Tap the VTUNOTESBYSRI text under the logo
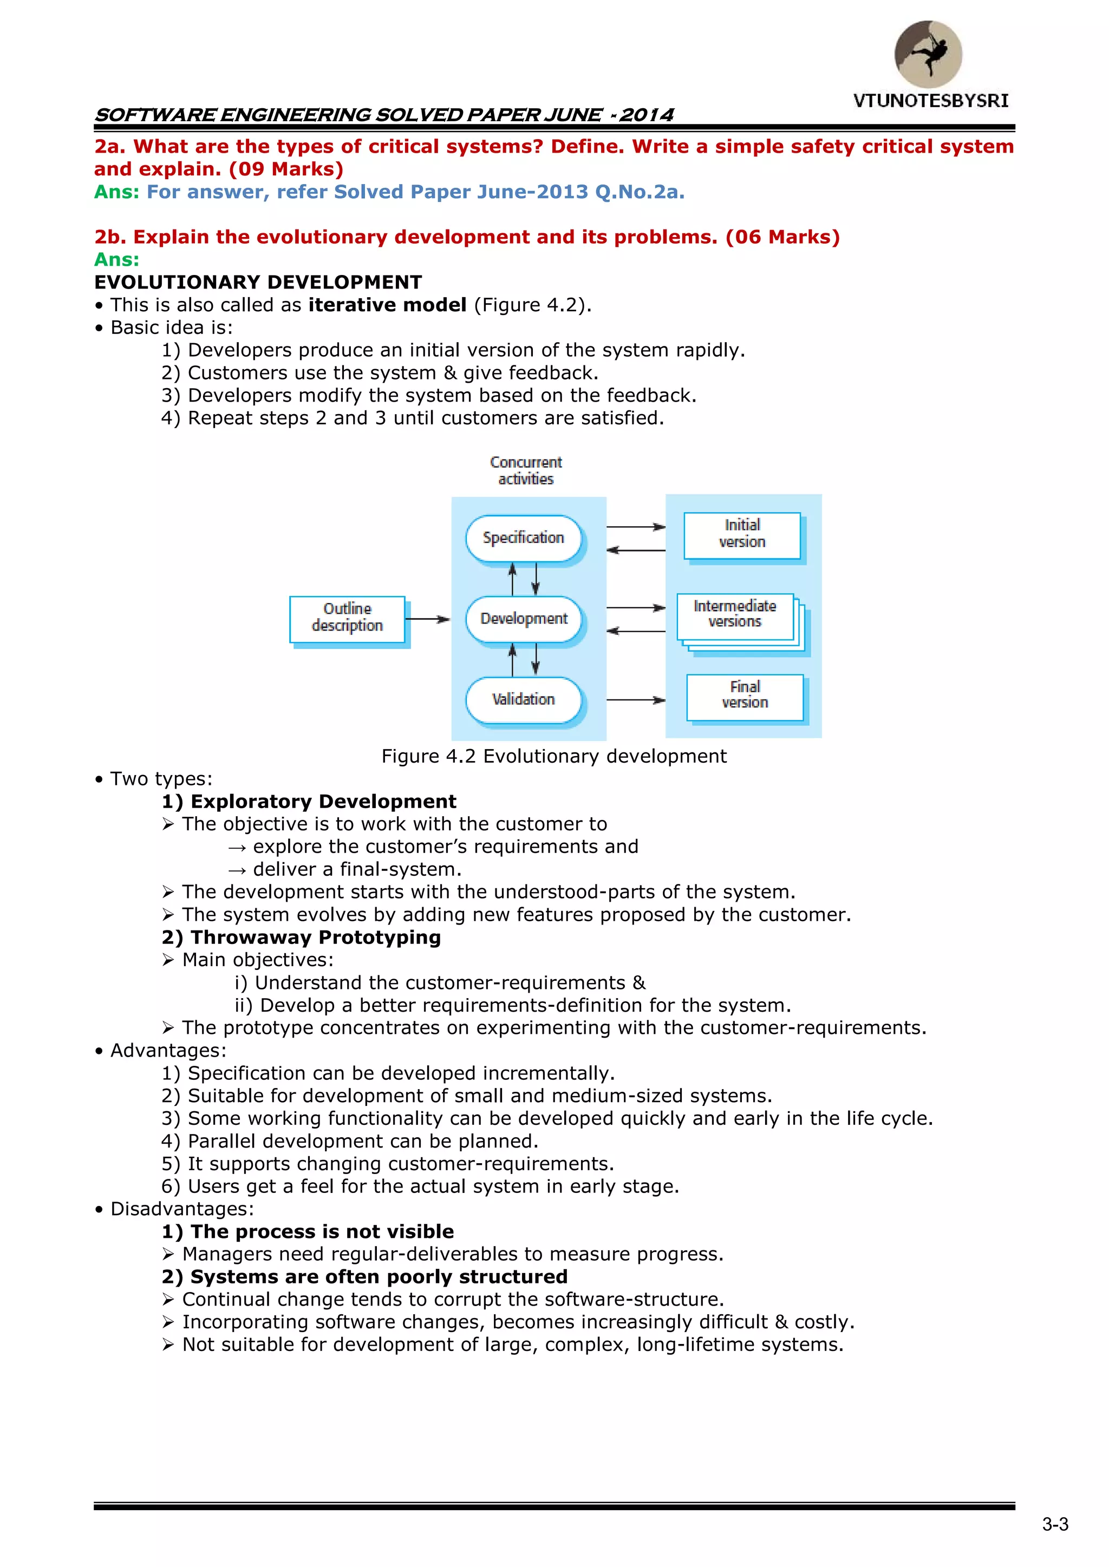[930, 101]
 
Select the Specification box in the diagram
[524, 538]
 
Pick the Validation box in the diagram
[524, 699]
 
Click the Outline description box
[347, 618]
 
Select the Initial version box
[742, 534]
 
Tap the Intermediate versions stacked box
[735, 615]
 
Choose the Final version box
[745, 696]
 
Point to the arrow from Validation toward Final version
[635, 699]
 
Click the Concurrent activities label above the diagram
[526, 470]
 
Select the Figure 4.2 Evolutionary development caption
[554, 756]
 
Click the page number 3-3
[1055, 1524]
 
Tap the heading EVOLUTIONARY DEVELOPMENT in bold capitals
[258, 282]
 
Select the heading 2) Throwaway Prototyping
[301, 937]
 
